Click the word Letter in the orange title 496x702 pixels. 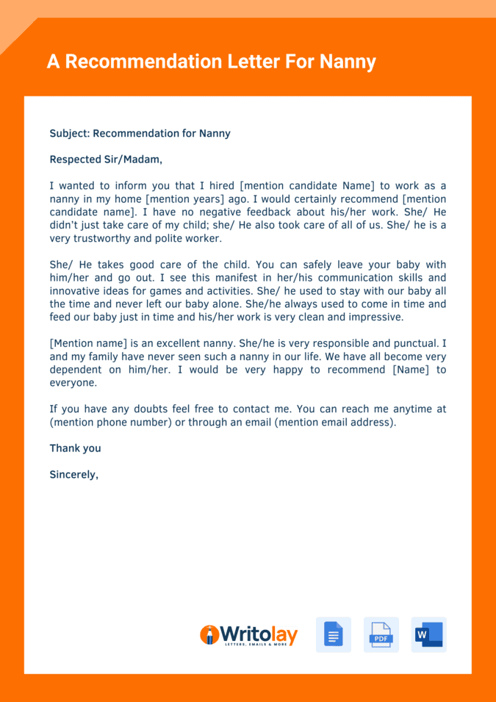pos(245,62)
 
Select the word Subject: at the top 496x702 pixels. pos(69,133)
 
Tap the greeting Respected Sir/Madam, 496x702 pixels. pos(106,159)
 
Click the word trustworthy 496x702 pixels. pos(105,238)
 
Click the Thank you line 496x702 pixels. pos(75,448)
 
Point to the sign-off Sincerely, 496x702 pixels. pos(73,474)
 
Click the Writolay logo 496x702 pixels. pos(248,635)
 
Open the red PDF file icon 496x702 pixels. pos(381,634)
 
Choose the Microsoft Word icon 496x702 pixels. pos(428,634)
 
